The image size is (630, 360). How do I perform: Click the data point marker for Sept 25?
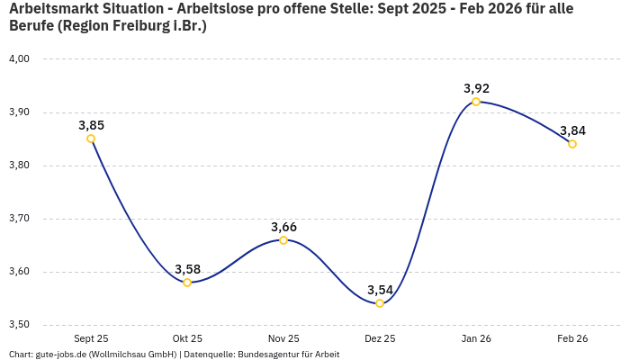(x=91, y=139)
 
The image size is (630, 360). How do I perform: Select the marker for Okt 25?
(x=187, y=283)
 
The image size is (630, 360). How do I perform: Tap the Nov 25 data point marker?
(x=283, y=240)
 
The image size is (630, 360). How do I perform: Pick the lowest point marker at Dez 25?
(x=380, y=303)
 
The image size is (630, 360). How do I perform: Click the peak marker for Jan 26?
(x=476, y=102)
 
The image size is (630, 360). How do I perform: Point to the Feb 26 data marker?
(x=572, y=144)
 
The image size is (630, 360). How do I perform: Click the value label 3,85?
(x=91, y=125)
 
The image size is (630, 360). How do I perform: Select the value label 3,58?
(x=187, y=269)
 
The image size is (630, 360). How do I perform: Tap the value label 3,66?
(x=283, y=227)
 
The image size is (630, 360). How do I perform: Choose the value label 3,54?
(x=380, y=290)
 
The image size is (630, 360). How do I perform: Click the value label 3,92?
(x=476, y=88)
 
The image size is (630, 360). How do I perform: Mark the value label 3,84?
(x=572, y=130)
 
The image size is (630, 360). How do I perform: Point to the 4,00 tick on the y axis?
(x=20, y=59)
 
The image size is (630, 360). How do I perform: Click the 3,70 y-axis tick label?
(x=20, y=219)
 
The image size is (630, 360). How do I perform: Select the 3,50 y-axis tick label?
(x=20, y=325)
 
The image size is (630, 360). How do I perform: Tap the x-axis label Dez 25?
(x=380, y=338)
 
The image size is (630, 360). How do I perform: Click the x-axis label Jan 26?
(x=476, y=338)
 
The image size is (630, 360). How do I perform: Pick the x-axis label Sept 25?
(x=91, y=338)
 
